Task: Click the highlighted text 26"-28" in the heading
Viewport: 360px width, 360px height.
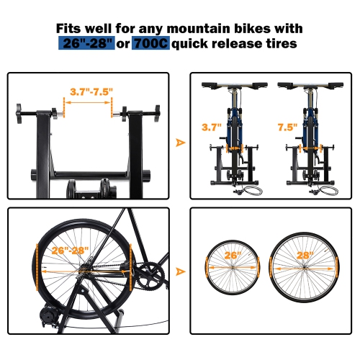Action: (x=86, y=43)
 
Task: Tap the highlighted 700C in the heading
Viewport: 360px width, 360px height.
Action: (x=150, y=43)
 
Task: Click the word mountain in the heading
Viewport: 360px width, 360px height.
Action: (x=198, y=29)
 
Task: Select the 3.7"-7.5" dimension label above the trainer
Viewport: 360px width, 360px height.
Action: (x=91, y=91)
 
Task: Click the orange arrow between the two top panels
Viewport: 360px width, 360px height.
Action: (x=180, y=143)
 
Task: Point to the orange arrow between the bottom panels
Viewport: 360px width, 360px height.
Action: (x=180, y=271)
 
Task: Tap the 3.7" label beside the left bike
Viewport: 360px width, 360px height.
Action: (x=212, y=127)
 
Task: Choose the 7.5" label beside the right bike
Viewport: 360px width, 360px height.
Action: (x=287, y=127)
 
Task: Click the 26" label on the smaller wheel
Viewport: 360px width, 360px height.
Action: (x=233, y=255)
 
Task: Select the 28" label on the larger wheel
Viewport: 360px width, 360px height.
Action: (x=305, y=255)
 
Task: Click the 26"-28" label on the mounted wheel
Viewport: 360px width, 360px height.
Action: (x=70, y=251)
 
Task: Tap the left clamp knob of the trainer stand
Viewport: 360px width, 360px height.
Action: (x=19, y=114)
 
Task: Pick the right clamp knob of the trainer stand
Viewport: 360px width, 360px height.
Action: (x=157, y=114)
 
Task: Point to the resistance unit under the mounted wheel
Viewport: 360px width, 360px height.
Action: (x=49, y=315)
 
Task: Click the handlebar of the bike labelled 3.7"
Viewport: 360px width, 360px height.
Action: (x=235, y=85)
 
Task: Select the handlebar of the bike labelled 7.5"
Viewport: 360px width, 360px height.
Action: (x=310, y=85)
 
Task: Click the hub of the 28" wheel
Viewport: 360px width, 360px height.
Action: (x=305, y=268)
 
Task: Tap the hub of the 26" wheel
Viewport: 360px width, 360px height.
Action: (x=233, y=267)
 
